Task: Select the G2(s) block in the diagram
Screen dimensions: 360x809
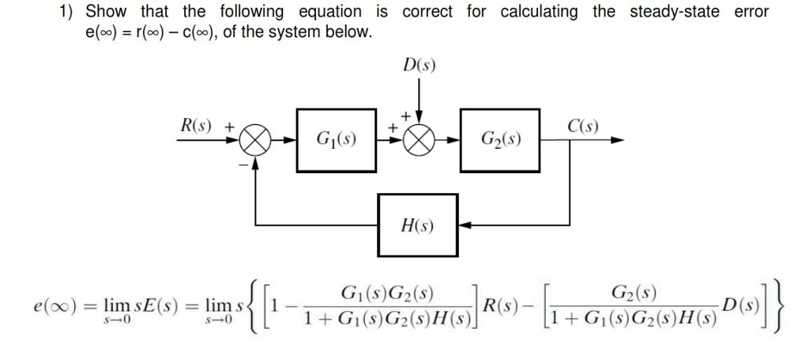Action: tap(499, 141)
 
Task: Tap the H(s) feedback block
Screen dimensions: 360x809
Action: tap(417, 225)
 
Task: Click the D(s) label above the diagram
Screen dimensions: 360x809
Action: tap(419, 65)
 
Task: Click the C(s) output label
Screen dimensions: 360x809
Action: tap(583, 126)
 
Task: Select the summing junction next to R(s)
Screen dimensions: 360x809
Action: tap(255, 142)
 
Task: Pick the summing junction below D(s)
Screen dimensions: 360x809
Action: tap(420, 142)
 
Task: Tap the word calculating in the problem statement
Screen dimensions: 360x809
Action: tap(539, 12)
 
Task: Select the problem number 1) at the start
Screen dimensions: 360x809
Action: tap(67, 12)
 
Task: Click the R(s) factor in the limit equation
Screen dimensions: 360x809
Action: tap(502, 305)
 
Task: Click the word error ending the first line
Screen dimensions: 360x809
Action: tap(751, 12)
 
